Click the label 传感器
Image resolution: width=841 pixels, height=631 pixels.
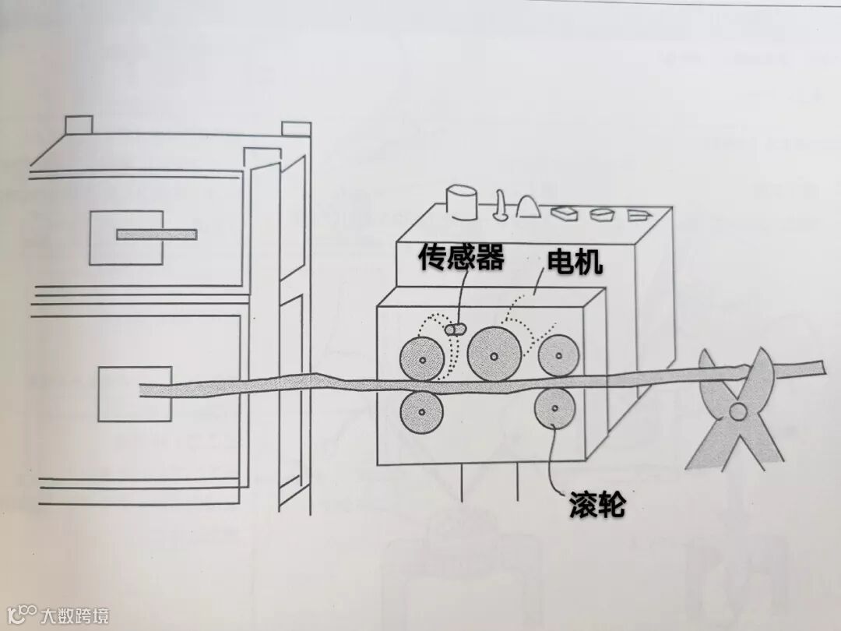tap(461, 259)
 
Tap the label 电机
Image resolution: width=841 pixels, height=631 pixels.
tap(575, 263)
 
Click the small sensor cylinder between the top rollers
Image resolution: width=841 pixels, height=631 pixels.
tap(454, 330)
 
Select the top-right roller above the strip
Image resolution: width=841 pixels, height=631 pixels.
tap(558, 355)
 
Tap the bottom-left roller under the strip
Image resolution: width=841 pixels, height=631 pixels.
tap(421, 411)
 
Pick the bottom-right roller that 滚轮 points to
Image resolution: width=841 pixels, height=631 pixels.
tap(554, 407)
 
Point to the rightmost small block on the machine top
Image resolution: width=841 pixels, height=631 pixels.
tap(639, 213)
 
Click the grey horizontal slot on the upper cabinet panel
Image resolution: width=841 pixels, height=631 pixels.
tap(157, 234)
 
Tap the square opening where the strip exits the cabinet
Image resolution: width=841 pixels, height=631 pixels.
tap(135, 393)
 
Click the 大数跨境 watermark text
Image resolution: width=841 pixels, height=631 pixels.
tap(75, 615)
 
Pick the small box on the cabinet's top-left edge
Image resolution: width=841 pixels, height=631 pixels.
tap(79, 125)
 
